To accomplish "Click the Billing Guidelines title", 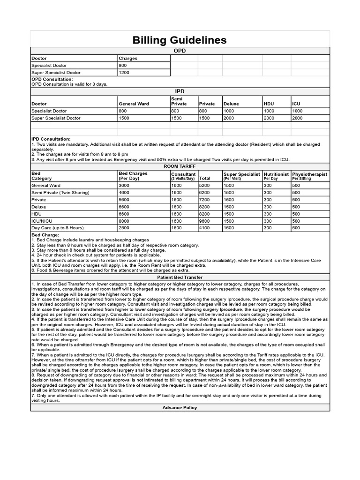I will click(180, 40).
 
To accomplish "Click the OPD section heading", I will click(180, 51).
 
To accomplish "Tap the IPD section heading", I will click(180, 91).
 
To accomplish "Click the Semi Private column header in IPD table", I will click(179, 101).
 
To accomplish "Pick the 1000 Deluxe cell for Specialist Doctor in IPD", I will click(229, 111).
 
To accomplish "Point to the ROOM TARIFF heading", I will click(180, 166).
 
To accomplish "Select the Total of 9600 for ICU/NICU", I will click(205, 221).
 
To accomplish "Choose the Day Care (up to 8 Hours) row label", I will click(57, 228).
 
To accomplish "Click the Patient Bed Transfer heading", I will click(180, 277).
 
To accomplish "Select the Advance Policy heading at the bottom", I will click(180, 407).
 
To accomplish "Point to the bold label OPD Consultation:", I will click(52, 79).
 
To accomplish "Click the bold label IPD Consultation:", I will click(51, 139).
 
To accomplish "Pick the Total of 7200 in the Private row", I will click(205, 199).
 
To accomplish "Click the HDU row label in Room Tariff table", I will click(37, 214).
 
